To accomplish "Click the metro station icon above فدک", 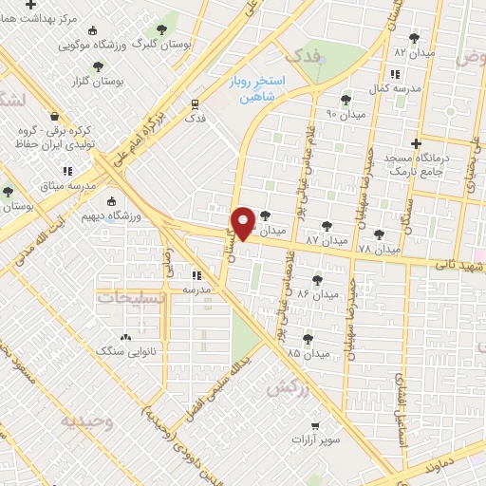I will pyautogui.click(x=195, y=103).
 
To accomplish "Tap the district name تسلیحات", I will pyautogui.click(x=134, y=297).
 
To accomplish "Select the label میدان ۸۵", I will pyautogui.click(x=308, y=353).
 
